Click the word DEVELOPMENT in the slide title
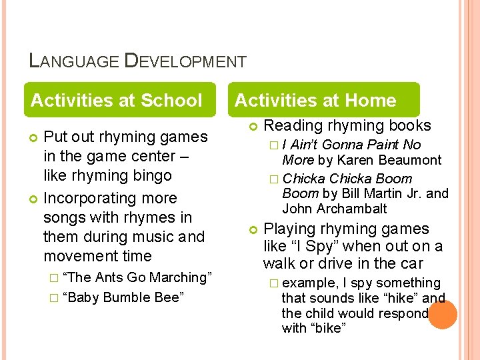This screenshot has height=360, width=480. (x=185, y=61)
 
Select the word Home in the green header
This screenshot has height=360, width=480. (x=371, y=101)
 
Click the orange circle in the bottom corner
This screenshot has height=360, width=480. (x=443, y=314)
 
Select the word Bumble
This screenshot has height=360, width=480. (x=127, y=297)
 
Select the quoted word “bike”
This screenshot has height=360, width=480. (x=329, y=328)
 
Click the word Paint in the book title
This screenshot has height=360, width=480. (x=382, y=145)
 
